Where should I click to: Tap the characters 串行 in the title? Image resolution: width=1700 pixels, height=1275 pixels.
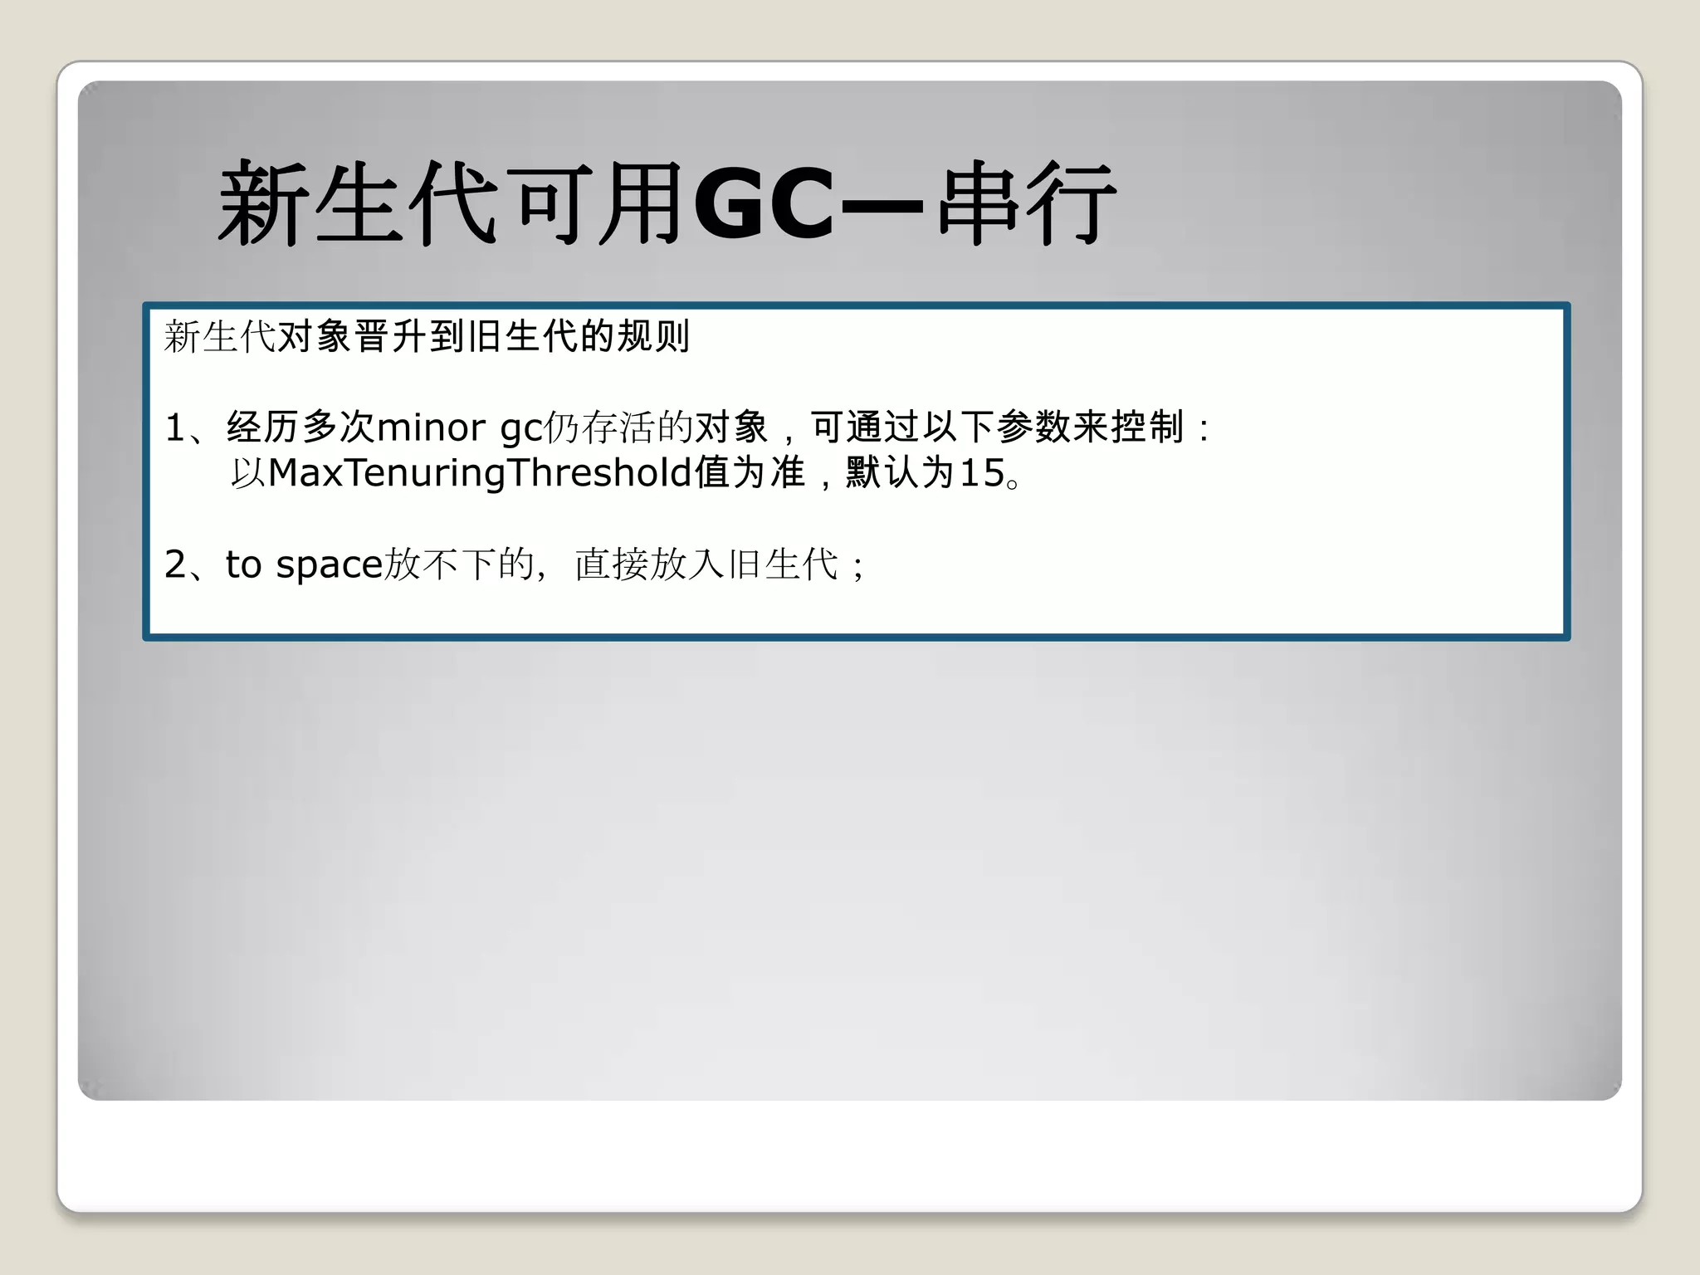[1027, 204]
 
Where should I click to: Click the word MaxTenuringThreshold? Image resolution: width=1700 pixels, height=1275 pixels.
[480, 473]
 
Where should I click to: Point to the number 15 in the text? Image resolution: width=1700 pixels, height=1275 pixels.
[982, 473]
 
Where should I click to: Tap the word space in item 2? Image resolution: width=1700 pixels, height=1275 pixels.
[329, 565]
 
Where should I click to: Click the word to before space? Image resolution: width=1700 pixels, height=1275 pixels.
[243, 564]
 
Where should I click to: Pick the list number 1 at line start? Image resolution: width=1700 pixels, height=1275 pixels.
[174, 428]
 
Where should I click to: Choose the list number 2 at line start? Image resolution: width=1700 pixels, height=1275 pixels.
[175, 564]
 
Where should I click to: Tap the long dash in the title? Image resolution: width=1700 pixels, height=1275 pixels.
[882, 204]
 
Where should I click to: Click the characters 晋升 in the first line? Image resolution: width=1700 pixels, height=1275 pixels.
[390, 336]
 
